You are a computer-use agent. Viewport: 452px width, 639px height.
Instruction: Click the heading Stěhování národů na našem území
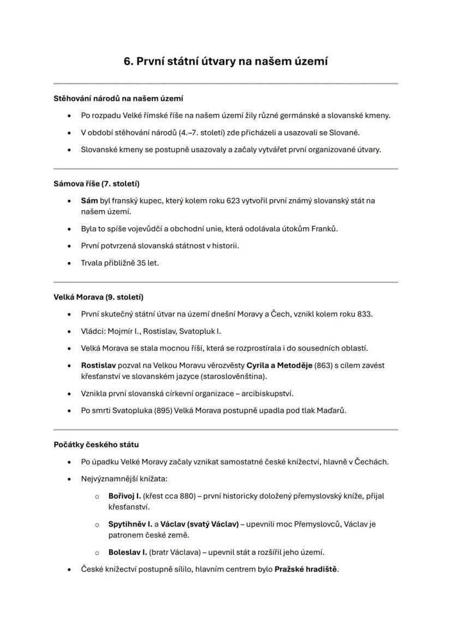(x=118, y=99)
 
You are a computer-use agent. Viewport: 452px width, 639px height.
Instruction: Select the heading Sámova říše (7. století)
(x=92, y=184)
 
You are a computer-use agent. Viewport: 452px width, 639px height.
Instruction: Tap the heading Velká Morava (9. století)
(x=98, y=297)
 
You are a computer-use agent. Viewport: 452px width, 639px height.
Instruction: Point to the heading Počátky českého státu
(x=92, y=445)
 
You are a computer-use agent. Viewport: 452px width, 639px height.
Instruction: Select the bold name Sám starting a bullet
(x=89, y=201)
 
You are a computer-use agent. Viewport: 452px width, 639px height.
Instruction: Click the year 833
(x=365, y=314)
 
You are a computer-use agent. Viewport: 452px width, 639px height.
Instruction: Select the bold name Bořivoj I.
(x=124, y=496)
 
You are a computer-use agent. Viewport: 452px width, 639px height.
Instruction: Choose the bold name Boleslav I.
(x=127, y=552)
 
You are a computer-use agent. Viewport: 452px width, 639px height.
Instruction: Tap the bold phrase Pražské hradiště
(x=306, y=569)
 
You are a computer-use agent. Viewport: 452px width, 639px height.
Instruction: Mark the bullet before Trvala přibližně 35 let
(x=69, y=263)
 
